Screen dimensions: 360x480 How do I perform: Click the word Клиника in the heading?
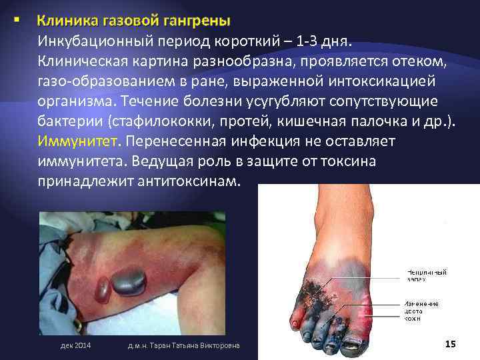point(64,22)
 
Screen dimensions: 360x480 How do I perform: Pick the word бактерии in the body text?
point(66,122)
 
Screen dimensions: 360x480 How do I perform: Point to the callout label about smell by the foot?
point(426,275)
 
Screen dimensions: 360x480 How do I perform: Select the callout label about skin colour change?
point(420,310)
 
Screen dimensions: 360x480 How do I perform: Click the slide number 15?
point(449,343)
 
